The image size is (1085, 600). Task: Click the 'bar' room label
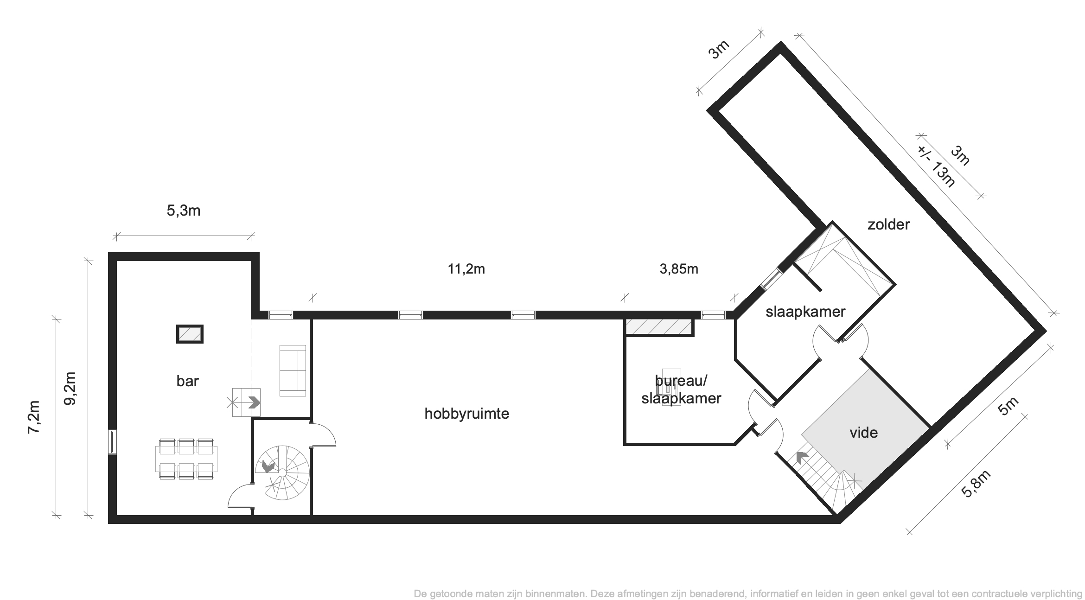coord(187,381)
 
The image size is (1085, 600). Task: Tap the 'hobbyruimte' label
coord(467,414)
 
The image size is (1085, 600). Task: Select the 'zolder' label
coord(888,225)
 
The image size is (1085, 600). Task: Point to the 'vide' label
coord(863,433)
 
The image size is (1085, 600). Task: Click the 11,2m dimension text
coord(466,269)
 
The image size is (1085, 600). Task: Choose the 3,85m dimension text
coord(679,269)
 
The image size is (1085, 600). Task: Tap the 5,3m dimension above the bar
coord(184,211)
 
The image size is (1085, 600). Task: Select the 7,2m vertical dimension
coord(35,417)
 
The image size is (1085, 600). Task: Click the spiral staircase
coord(282,472)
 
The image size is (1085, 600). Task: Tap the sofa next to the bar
coord(293,370)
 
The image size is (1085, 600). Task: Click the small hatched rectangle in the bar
coord(190,334)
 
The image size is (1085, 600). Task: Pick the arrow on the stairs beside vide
coord(802,458)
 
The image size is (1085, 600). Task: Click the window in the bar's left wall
coord(112,442)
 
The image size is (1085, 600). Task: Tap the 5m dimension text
coord(1008,407)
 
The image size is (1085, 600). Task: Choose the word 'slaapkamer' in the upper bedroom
coord(805,312)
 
